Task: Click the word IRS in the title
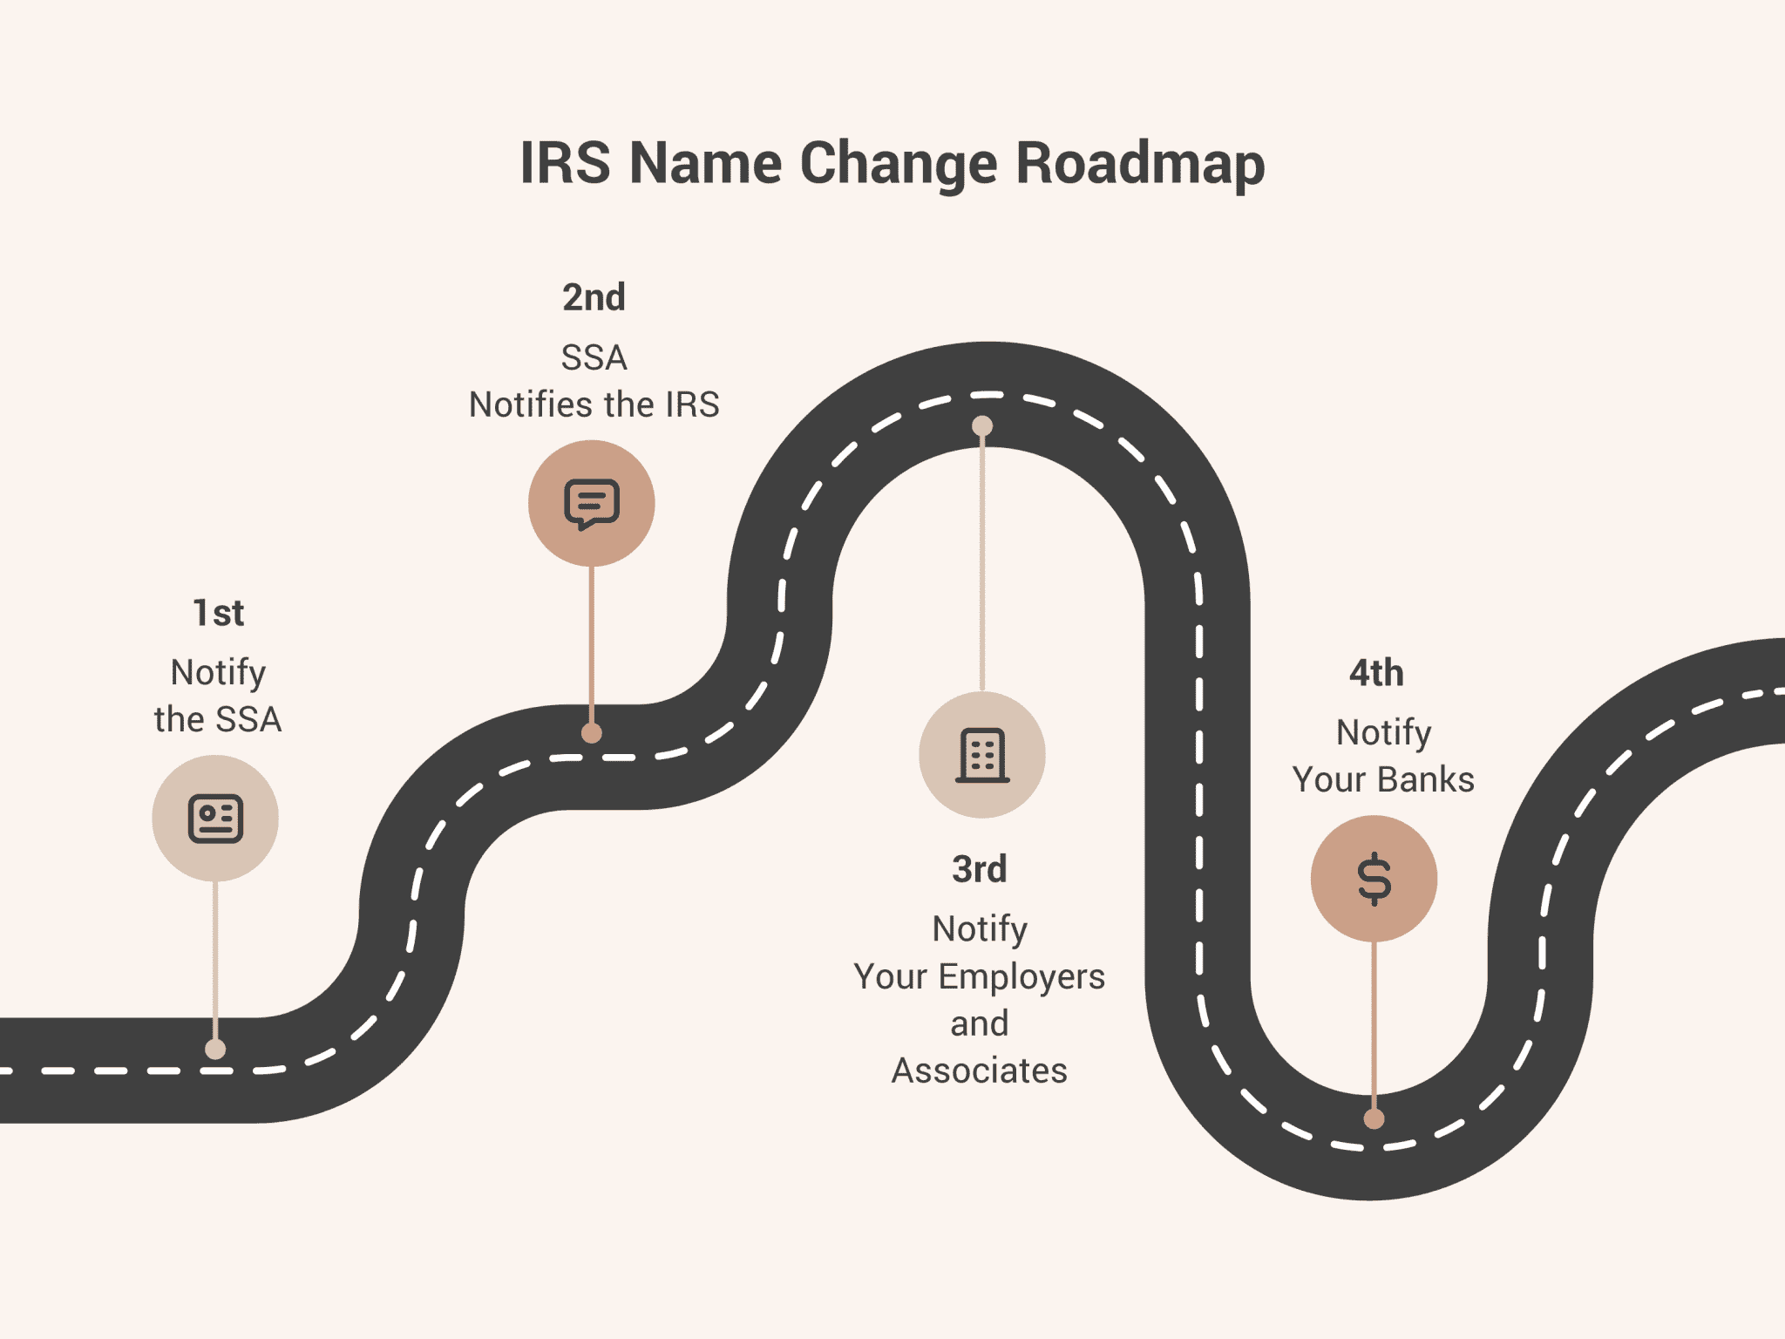click(x=565, y=163)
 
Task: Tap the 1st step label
click(x=218, y=614)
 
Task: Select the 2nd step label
click(x=594, y=298)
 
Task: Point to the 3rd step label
click(x=980, y=869)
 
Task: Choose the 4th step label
click(x=1376, y=674)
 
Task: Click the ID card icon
click(x=215, y=819)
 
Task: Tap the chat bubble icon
click(x=592, y=503)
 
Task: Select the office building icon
click(x=982, y=755)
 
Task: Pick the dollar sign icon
click(x=1374, y=879)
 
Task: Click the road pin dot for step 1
click(x=215, y=1049)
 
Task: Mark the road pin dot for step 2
click(x=592, y=733)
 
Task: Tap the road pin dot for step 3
click(x=982, y=425)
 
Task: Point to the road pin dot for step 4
click(x=1374, y=1118)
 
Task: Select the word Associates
click(x=980, y=1071)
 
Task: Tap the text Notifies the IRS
click(x=594, y=405)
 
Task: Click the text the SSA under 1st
click(x=218, y=720)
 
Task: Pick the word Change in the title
click(x=898, y=163)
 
